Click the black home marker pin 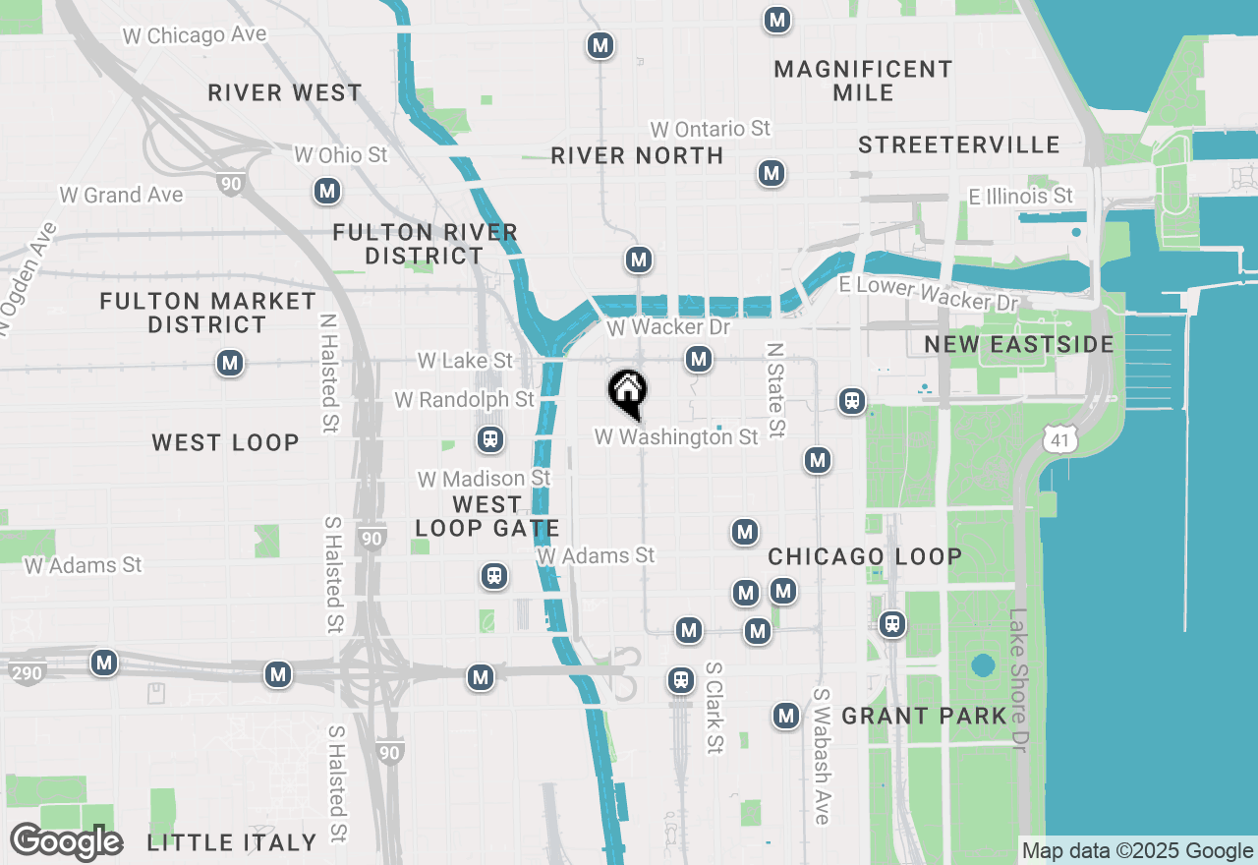pyautogui.click(x=627, y=392)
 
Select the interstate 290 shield pyautogui.click(x=27, y=673)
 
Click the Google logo pyautogui.click(x=66, y=842)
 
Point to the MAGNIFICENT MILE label pyautogui.click(x=863, y=81)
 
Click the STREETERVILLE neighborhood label pyautogui.click(x=958, y=145)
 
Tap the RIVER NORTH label pyautogui.click(x=637, y=155)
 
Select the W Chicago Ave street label pyautogui.click(x=195, y=35)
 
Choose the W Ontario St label pyautogui.click(x=710, y=129)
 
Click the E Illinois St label pyautogui.click(x=1020, y=197)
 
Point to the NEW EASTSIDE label pyautogui.click(x=1019, y=344)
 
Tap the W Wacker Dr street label pyautogui.click(x=668, y=327)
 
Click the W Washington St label pyautogui.click(x=676, y=436)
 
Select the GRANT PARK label pyautogui.click(x=924, y=716)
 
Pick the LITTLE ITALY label pyautogui.click(x=232, y=842)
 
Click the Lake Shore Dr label pyautogui.click(x=1018, y=682)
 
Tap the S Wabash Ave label pyautogui.click(x=822, y=756)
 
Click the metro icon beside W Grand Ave pyautogui.click(x=327, y=192)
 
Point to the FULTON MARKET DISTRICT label pyautogui.click(x=208, y=313)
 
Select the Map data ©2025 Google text pyautogui.click(x=1136, y=851)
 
